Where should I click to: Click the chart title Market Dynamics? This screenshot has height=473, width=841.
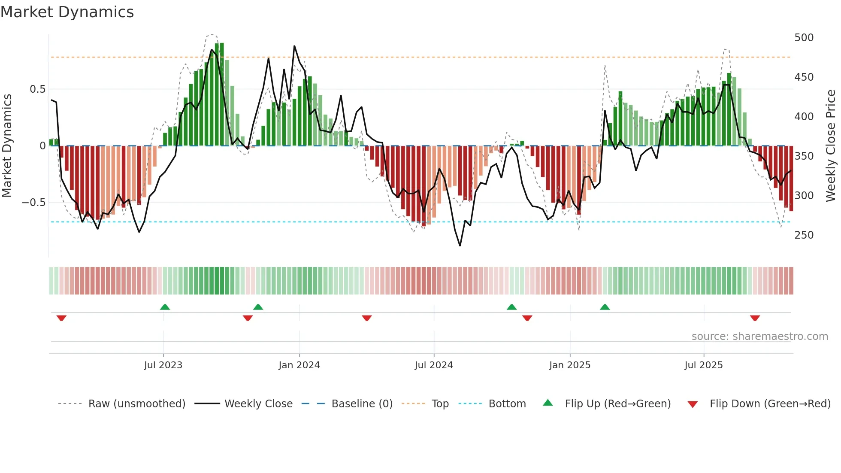click(x=67, y=12)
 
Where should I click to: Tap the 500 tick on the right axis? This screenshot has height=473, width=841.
click(x=804, y=38)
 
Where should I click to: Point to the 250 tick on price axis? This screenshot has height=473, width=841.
click(x=804, y=235)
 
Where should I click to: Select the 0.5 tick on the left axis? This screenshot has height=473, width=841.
click(x=37, y=89)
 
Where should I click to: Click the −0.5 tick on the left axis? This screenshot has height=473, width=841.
click(x=34, y=203)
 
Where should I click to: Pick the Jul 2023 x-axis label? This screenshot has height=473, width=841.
click(x=163, y=365)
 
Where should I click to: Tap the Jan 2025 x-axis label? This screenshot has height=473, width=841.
click(x=569, y=365)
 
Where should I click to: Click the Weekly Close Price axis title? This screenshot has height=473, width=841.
click(x=831, y=146)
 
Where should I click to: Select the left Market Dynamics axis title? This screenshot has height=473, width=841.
click(x=7, y=146)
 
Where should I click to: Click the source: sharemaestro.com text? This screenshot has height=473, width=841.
click(x=759, y=337)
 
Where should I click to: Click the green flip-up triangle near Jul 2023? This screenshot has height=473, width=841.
click(x=165, y=307)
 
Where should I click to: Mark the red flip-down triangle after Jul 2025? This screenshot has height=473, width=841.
click(x=755, y=318)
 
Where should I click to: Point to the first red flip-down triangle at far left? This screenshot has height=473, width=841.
click(x=61, y=318)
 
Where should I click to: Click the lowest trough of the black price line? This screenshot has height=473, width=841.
click(x=460, y=246)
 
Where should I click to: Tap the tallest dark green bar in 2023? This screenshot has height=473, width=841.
click(x=222, y=94)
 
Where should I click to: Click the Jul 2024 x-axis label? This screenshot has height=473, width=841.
click(x=433, y=365)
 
